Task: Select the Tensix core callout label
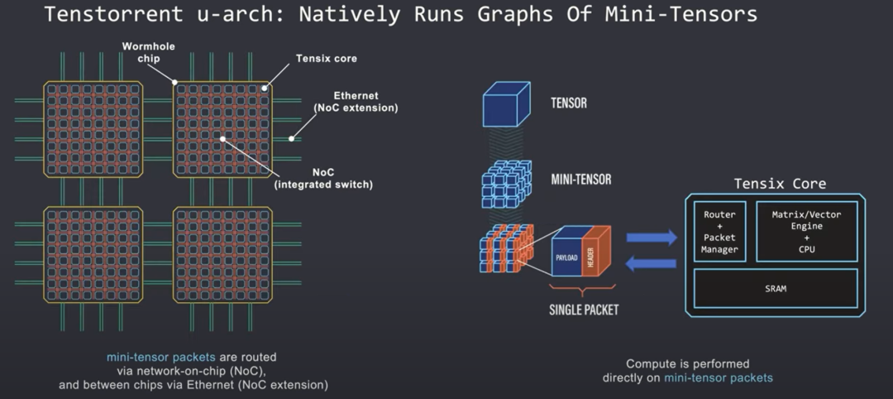tap(326, 59)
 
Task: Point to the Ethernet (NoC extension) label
tap(356, 102)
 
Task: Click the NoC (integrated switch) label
tap(323, 178)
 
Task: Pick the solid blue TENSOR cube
tap(505, 106)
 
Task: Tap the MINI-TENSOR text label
tap(580, 179)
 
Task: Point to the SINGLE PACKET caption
tap(585, 310)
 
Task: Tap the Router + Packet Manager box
tap(719, 231)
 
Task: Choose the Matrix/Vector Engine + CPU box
tap(806, 231)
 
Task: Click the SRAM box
tap(775, 288)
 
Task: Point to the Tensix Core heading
tap(780, 184)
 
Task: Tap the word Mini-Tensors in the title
tap(687, 14)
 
